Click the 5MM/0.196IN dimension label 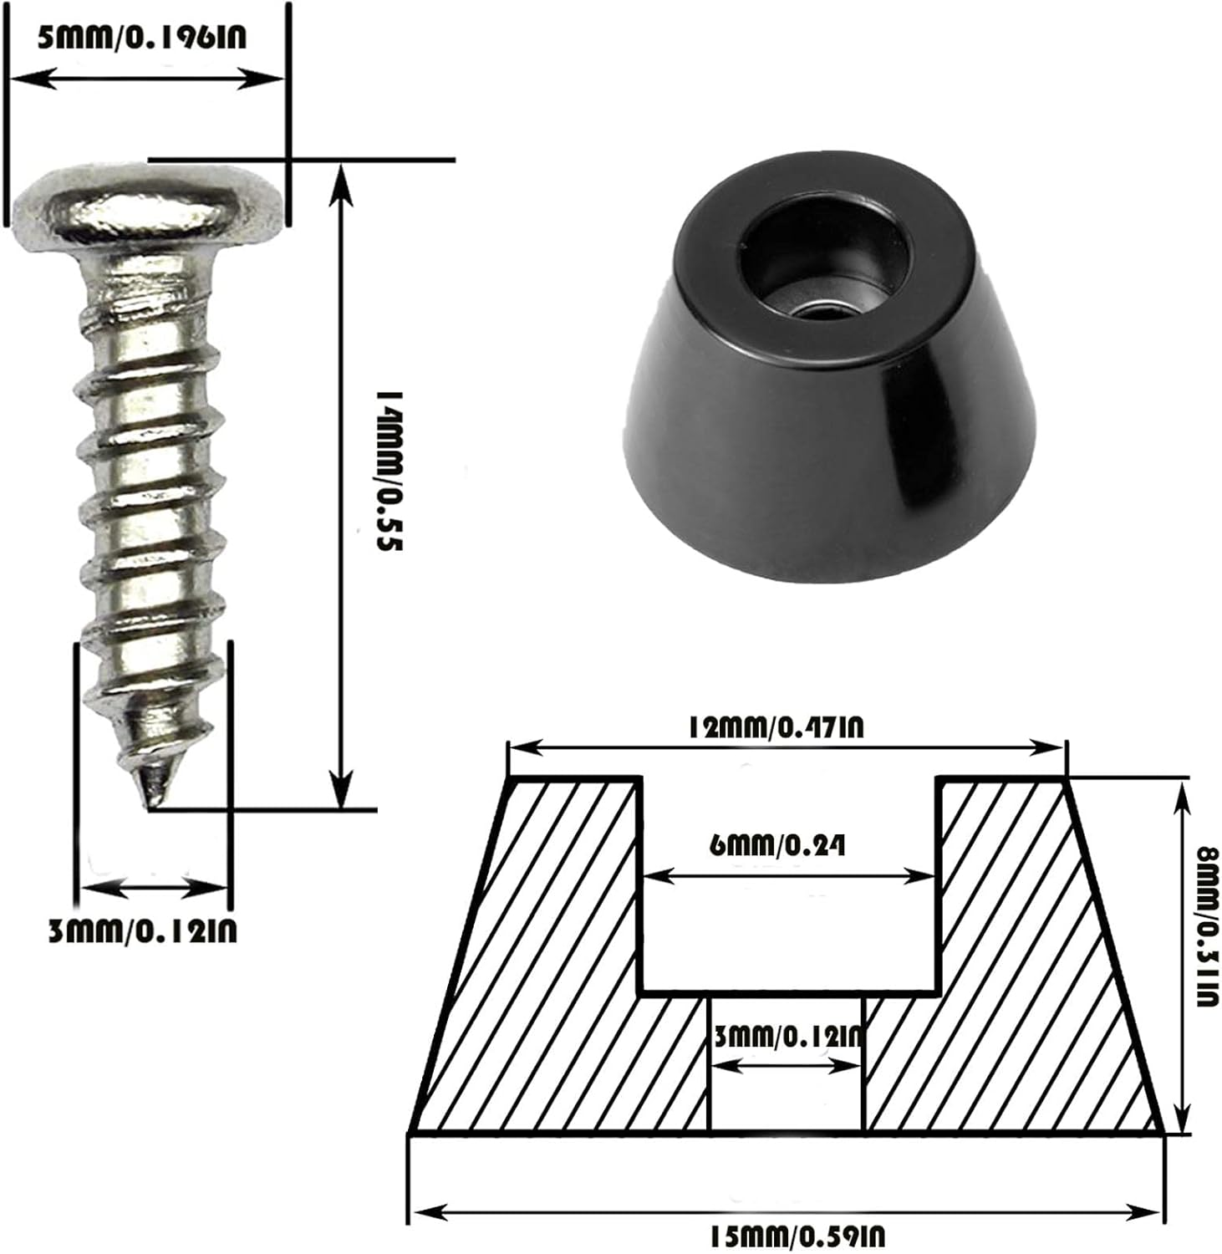pyautogui.click(x=142, y=37)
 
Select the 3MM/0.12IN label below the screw pyautogui.click(x=143, y=930)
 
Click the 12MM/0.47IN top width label pyautogui.click(x=775, y=726)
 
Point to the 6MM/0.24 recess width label pyautogui.click(x=777, y=845)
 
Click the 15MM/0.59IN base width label pyautogui.click(x=797, y=1236)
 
